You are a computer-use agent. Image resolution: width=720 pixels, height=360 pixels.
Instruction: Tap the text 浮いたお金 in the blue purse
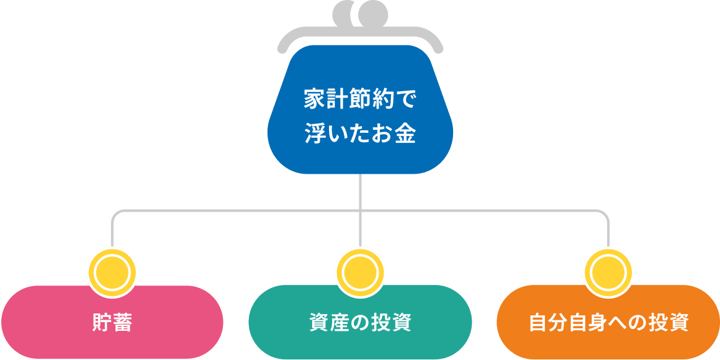click(x=360, y=134)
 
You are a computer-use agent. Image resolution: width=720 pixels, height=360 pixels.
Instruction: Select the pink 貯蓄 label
click(x=112, y=323)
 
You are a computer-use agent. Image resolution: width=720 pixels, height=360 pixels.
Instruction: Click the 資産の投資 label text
click(x=360, y=323)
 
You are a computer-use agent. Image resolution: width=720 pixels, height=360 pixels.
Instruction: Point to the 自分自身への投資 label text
click(x=608, y=323)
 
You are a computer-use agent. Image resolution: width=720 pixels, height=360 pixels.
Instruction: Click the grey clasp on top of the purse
click(x=360, y=14)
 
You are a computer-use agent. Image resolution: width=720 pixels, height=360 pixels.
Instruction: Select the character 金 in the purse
click(x=405, y=134)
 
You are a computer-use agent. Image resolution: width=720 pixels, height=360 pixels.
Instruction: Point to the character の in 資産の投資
click(x=360, y=323)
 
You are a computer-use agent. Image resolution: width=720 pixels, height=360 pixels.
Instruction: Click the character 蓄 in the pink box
click(x=123, y=323)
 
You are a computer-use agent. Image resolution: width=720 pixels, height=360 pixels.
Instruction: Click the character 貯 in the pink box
click(x=101, y=323)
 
